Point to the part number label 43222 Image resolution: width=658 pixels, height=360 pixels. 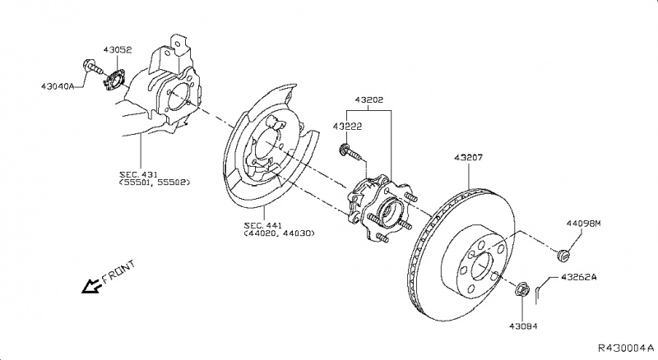(x=348, y=127)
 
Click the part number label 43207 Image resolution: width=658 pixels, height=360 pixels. (x=468, y=155)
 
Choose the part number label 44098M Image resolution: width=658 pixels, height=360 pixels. (x=583, y=223)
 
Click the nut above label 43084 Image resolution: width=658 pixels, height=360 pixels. (x=521, y=290)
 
